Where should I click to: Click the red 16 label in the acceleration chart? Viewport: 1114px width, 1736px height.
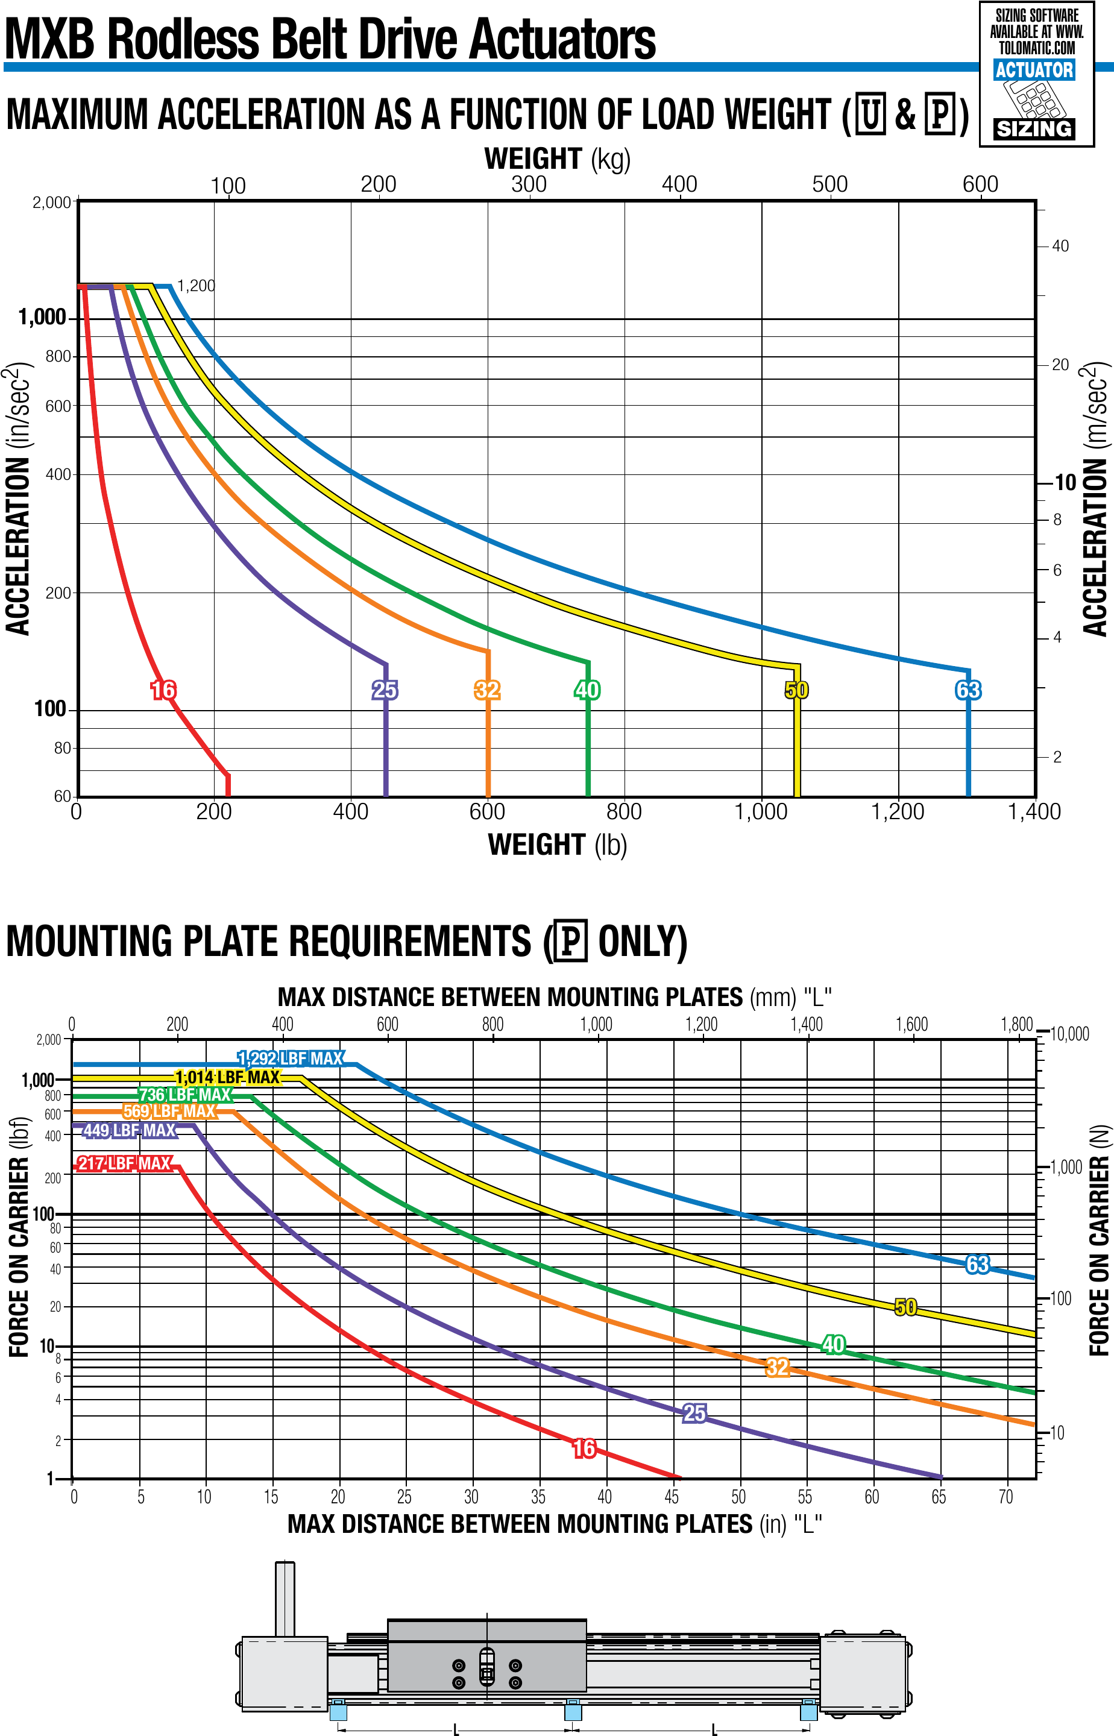click(x=163, y=690)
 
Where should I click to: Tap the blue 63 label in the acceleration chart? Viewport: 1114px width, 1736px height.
click(x=968, y=690)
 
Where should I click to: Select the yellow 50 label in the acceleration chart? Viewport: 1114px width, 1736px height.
click(x=796, y=690)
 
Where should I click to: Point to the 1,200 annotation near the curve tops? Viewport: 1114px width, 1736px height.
click(x=196, y=286)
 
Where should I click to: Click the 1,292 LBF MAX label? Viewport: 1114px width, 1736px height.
click(x=291, y=1059)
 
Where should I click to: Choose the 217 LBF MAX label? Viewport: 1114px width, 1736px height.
click(x=124, y=1163)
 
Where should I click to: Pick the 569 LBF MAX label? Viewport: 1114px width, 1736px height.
click(x=169, y=1111)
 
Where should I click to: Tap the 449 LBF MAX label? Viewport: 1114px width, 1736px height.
click(x=130, y=1130)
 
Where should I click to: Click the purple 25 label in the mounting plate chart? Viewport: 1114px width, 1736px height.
click(x=694, y=1413)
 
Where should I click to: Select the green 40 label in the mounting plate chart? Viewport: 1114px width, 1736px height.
click(x=833, y=1324)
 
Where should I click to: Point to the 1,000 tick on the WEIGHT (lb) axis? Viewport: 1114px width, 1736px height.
click(x=761, y=811)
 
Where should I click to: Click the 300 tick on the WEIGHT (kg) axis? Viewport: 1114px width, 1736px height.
click(x=529, y=184)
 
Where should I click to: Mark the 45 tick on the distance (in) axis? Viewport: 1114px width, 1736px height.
click(x=672, y=1496)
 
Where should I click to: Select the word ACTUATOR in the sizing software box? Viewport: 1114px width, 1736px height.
click(x=1034, y=70)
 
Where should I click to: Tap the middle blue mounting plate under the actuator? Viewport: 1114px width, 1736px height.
click(x=573, y=1711)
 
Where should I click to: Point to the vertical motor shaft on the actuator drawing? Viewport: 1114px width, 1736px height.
click(x=285, y=1599)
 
